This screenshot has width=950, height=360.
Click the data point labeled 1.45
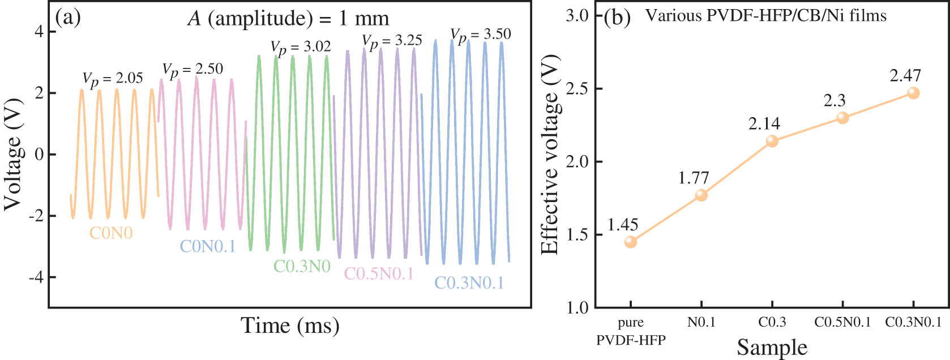pos(631,242)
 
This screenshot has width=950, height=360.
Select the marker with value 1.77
pos(701,195)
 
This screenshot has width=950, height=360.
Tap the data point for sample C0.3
pos(772,141)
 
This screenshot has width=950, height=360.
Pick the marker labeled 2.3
pos(842,118)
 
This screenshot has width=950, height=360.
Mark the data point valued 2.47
pos(913,93)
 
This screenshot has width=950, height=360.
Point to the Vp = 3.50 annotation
pos(481,35)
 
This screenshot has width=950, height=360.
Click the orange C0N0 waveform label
pos(111,233)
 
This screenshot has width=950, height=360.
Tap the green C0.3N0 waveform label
pos(302,265)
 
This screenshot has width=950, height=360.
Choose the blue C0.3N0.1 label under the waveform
pos(469,282)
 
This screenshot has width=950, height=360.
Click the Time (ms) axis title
pos(290,325)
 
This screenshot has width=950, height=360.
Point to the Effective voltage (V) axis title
pos(550,155)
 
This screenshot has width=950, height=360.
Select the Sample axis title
pos(772,346)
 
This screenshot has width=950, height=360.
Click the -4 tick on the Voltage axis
pos(38,277)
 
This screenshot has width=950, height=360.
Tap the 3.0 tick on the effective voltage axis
pos(577,16)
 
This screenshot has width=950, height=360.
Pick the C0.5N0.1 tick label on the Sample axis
pos(842,322)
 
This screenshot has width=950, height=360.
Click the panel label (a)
pos(68,18)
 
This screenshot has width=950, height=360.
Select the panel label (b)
pos(617,18)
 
